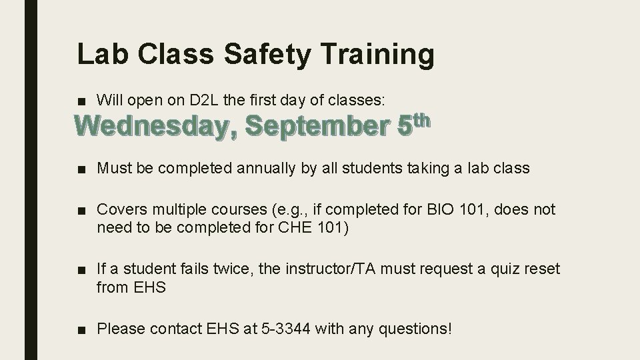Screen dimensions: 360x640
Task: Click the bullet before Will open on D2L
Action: (82, 101)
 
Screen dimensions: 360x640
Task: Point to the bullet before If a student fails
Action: (82, 270)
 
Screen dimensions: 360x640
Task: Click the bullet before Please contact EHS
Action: (82, 329)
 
